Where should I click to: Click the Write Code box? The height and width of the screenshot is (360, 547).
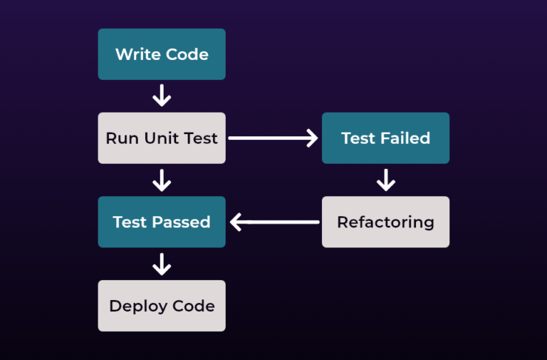pos(162,54)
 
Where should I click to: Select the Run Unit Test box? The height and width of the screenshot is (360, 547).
pos(162,138)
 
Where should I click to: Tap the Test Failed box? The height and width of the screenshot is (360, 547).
pos(385,138)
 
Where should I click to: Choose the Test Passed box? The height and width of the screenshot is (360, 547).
pos(162,222)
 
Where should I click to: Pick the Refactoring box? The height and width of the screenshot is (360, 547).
pos(385,222)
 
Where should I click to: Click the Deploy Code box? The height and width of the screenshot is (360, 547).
pos(162,306)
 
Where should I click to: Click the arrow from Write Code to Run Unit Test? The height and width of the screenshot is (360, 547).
pos(162,96)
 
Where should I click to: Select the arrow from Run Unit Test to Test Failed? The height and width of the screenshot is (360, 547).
pos(273,138)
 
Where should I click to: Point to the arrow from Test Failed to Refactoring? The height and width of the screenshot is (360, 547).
pos(385,180)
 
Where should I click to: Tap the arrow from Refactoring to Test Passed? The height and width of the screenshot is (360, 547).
pos(274,222)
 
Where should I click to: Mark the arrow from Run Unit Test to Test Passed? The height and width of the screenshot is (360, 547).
pos(162,180)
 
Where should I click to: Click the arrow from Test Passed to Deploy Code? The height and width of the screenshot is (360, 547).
pos(162,264)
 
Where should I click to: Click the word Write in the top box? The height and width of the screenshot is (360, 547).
pos(136,54)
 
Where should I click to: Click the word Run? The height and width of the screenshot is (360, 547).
pos(121,138)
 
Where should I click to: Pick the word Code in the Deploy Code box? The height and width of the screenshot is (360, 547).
pos(194,306)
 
